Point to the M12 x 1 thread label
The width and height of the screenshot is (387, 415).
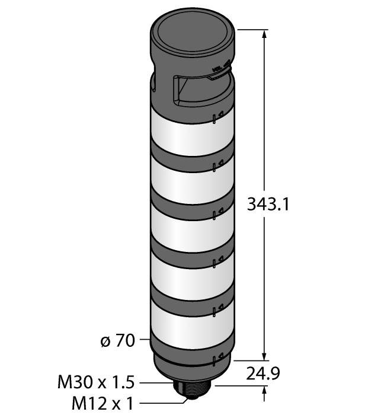[x=102, y=404]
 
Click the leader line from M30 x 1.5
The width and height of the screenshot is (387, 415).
[x=157, y=382]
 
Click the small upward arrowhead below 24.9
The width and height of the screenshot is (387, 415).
[x=264, y=389]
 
